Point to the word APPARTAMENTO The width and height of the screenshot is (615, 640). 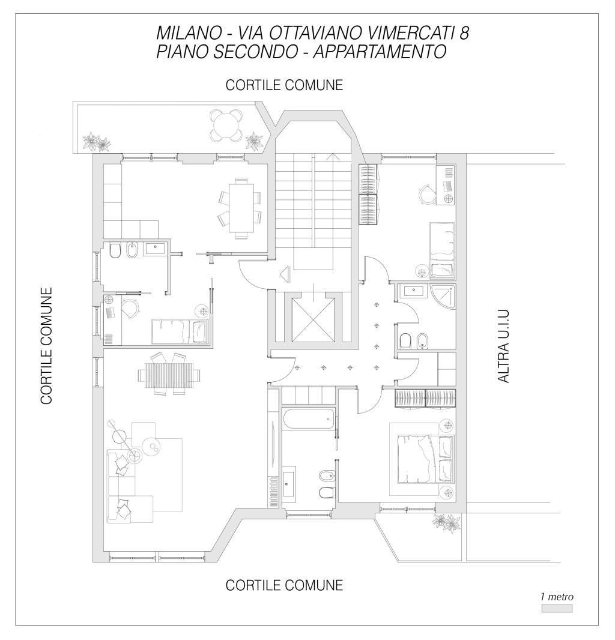380,52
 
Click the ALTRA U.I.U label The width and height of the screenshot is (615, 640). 504,346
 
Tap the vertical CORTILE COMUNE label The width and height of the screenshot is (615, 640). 47,346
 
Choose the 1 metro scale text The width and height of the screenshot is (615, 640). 557,597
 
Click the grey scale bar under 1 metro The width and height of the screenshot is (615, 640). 557,609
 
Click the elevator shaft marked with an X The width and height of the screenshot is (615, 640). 314,319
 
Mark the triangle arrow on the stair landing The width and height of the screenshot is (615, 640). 285,273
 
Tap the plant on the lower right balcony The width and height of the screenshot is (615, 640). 446,522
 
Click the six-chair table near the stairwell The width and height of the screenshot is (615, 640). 241,208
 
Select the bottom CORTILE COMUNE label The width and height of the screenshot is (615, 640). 284,585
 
